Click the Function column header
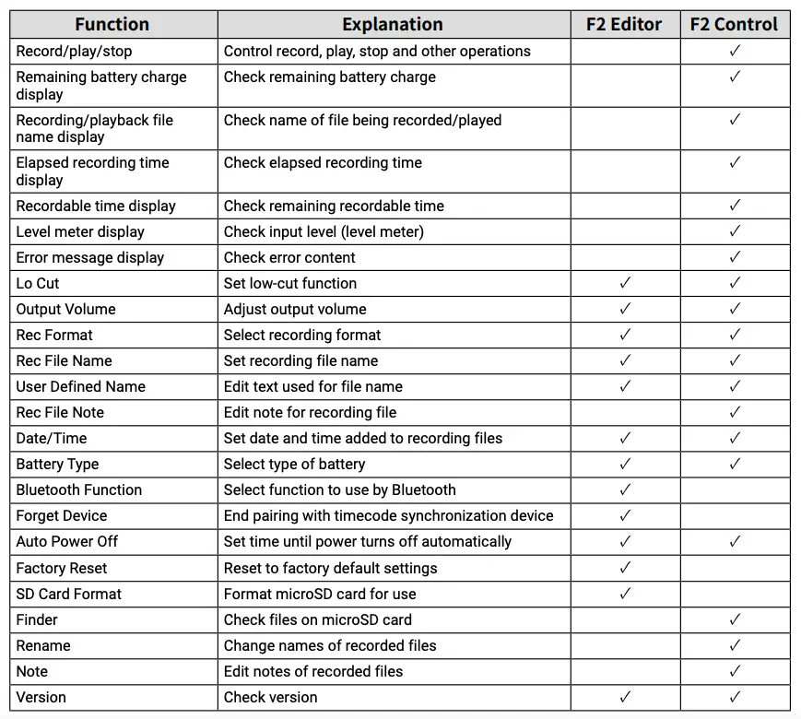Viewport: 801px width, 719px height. point(113,25)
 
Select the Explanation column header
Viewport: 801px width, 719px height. point(393,25)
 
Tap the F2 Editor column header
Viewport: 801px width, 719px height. point(625,25)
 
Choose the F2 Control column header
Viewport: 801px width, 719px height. point(735,25)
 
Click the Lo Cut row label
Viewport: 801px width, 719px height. point(38,283)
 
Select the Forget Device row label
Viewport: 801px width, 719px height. point(62,515)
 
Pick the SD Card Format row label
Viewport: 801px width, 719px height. point(69,594)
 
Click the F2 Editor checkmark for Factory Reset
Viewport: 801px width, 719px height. point(625,568)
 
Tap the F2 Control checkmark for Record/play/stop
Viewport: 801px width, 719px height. point(735,51)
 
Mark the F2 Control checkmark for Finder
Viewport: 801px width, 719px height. point(735,619)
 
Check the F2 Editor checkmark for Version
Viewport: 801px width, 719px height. point(625,697)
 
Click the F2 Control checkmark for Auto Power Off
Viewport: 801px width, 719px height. point(735,541)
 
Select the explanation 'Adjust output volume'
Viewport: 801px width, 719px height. point(295,309)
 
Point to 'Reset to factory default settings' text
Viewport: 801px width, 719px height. point(331,568)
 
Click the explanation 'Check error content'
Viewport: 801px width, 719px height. point(289,257)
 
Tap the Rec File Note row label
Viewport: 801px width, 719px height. point(60,412)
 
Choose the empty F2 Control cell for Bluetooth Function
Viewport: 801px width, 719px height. point(735,489)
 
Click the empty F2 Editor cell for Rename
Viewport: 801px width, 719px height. point(625,645)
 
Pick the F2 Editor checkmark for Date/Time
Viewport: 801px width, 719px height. point(625,438)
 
